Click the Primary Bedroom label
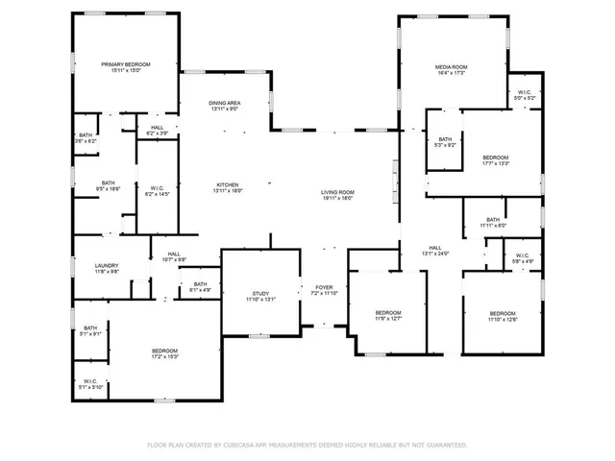(x=125, y=64)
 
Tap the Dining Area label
(x=226, y=103)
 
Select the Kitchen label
(x=227, y=185)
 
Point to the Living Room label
(x=337, y=192)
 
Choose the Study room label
(x=261, y=294)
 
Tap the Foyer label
(x=323, y=287)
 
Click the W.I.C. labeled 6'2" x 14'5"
(x=158, y=188)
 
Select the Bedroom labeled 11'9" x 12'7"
(x=388, y=313)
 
